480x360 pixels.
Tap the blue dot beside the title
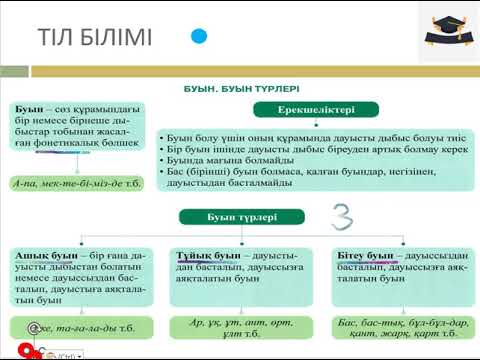point(199,36)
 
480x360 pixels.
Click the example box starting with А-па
point(65,184)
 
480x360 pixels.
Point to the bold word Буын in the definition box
point(29,106)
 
